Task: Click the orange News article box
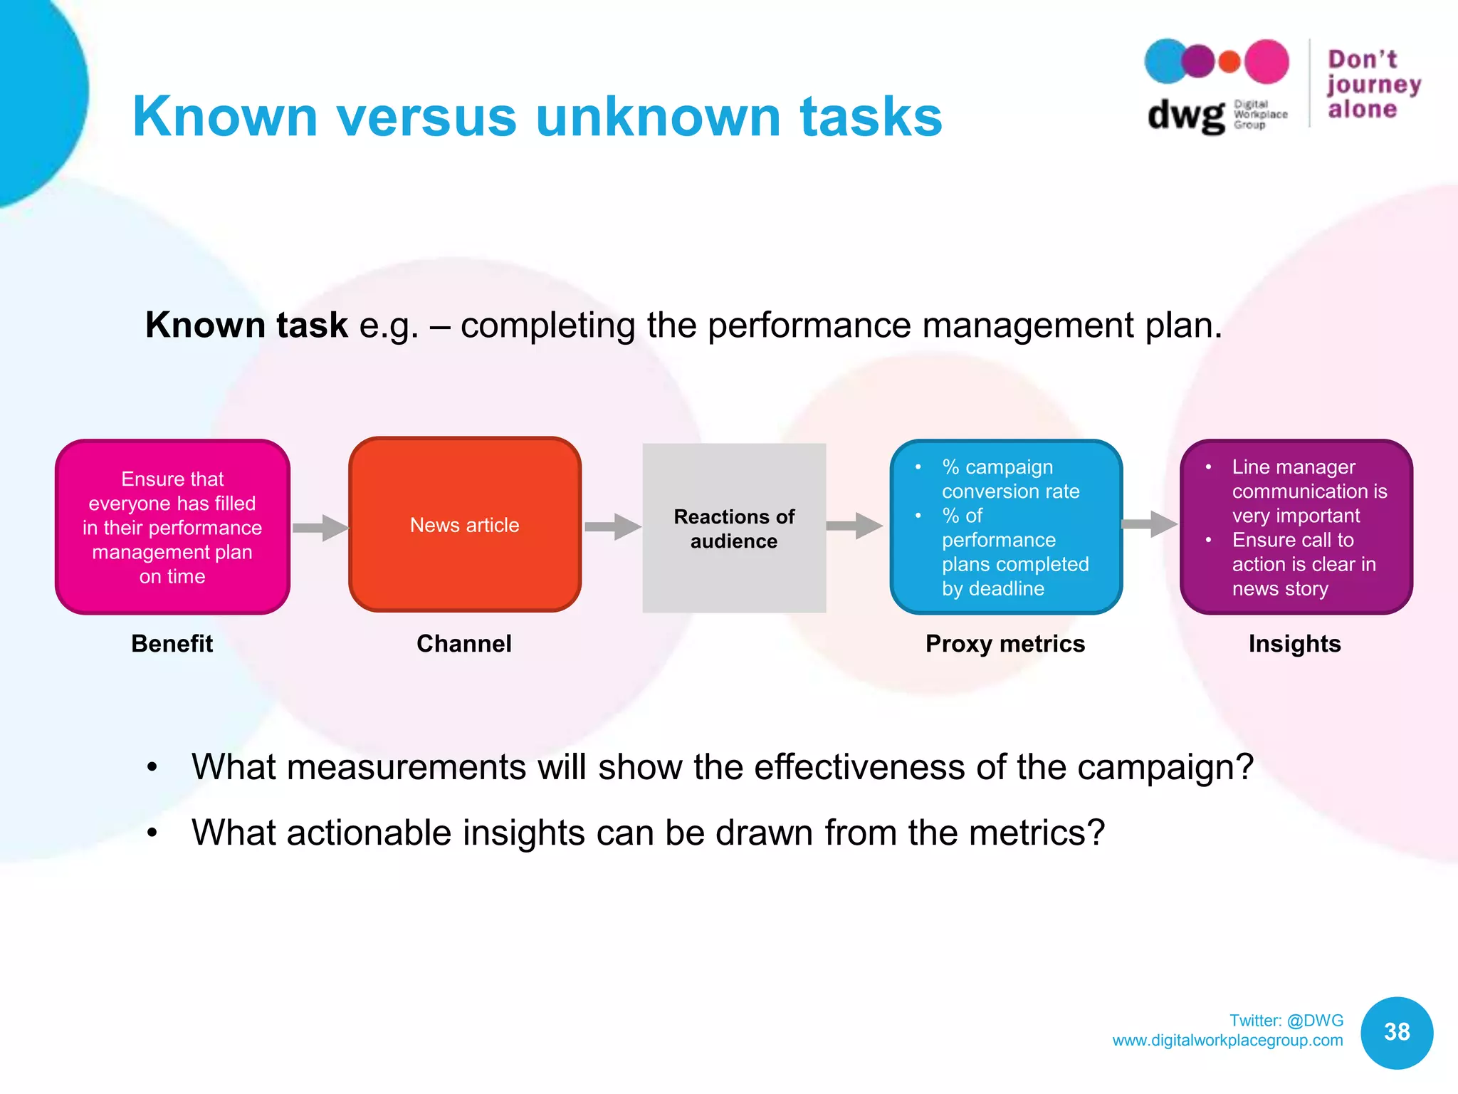point(464,525)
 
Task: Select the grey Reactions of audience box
point(734,528)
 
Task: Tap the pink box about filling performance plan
point(172,527)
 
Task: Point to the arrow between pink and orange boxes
point(320,528)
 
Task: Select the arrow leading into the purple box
point(1149,524)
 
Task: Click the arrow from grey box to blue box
point(854,526)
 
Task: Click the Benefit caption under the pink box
point(172,644)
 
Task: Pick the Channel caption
point(464,644)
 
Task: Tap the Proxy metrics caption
point(1005,644)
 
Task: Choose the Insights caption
point(1294,644)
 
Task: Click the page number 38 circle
point(1397,1032)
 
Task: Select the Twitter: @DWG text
point(1286,1021)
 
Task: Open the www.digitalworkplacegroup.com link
point(1227,1041)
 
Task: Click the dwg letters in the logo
point(1185,115)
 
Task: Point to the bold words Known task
point(246,325)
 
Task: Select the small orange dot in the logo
point(1229,62)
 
